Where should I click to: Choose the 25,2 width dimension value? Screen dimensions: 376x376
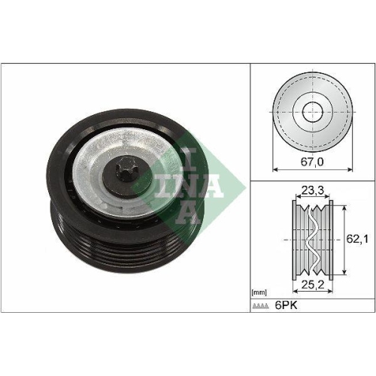(311, 285)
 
